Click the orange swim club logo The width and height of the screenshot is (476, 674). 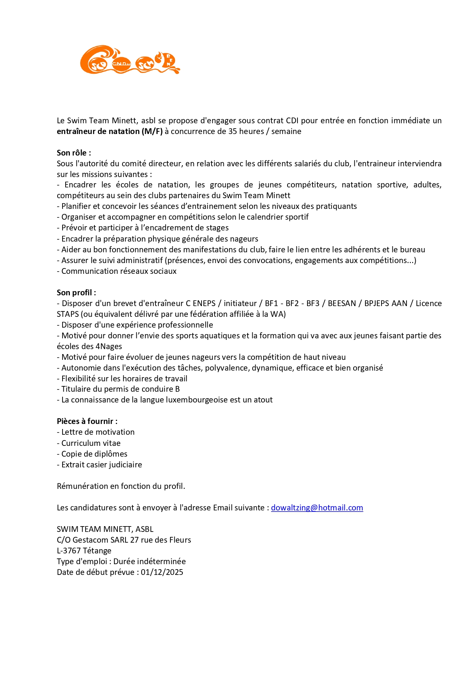point(130,60)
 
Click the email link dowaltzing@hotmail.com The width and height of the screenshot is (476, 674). point(317,508)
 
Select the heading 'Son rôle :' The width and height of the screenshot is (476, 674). point(74,153)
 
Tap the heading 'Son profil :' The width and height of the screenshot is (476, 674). point(76,293)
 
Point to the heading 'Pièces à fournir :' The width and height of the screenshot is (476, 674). point(87,421)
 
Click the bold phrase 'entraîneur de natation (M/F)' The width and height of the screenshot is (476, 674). point(110,131)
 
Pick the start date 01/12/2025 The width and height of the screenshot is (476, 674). point(162,572)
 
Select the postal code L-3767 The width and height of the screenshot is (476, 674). point(69,551)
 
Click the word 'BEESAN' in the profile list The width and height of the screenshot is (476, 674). point(342,303)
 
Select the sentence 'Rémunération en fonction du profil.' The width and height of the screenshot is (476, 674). point(121,486)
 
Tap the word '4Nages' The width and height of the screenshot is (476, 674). point(109,346)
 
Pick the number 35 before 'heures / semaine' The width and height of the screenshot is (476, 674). point(233,131)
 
